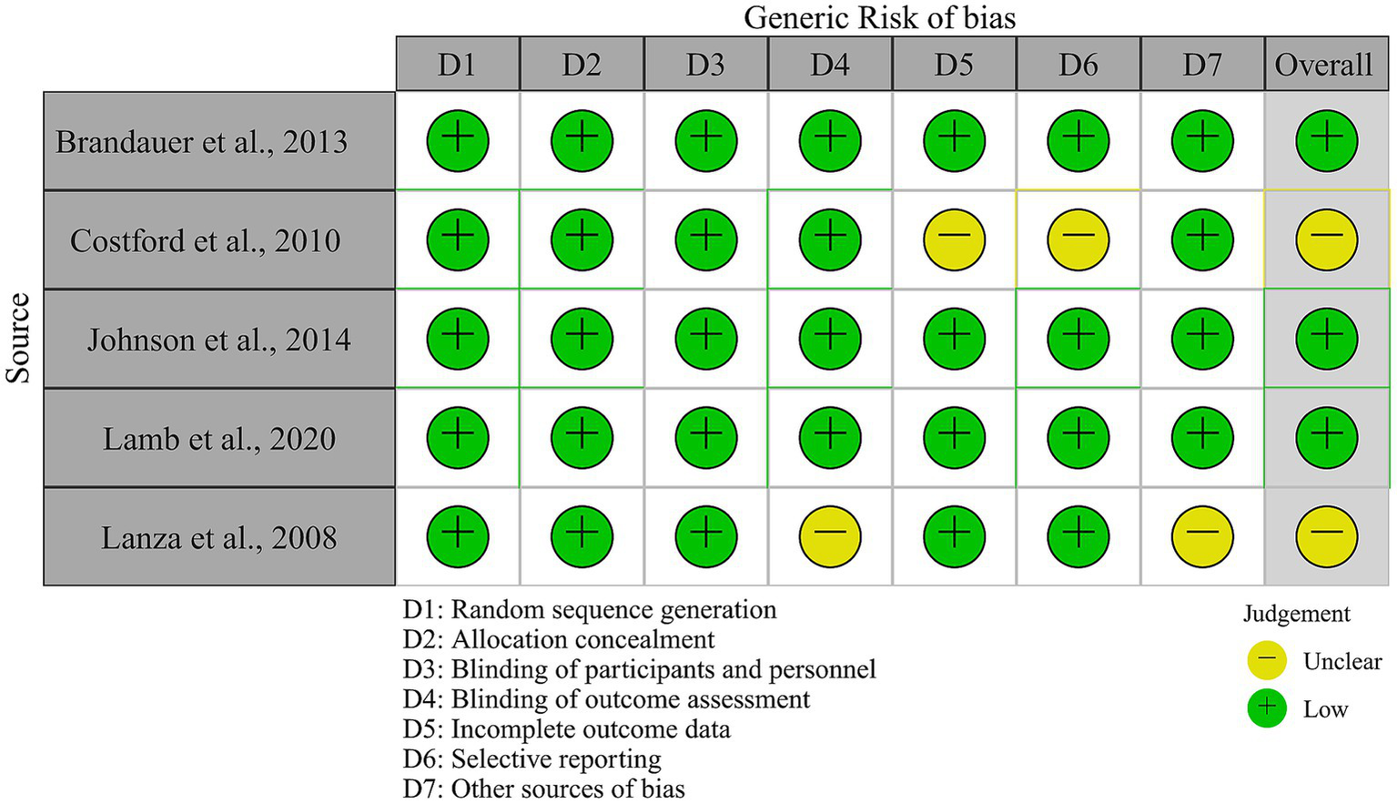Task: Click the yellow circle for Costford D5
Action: click(954, 239)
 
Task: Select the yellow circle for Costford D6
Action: click(1078, 239)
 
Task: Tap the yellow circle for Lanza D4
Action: click(830, 536)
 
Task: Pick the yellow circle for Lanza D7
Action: click(1202, 536)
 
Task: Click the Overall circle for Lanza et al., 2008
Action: click(1326, 536)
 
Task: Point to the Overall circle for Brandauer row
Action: click(1326, 140)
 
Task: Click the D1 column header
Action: click(458, 65)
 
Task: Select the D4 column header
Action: click(830, 65)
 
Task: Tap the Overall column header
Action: click(1325, 65)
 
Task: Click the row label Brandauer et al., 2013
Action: click(202, 142)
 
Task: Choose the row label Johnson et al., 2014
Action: click(218, 340)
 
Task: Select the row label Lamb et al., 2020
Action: click(218, 439)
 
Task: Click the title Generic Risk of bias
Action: click(879, 17)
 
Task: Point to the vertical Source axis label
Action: click(18, 338)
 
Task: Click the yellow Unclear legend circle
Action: click(1266, 660)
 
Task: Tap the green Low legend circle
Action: click(1266, 708)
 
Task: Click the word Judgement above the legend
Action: click(1296, 614)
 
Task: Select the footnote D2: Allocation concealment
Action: click(559, 639)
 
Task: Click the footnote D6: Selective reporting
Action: click(532, 758)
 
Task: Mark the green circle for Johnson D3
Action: click(706, 339)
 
